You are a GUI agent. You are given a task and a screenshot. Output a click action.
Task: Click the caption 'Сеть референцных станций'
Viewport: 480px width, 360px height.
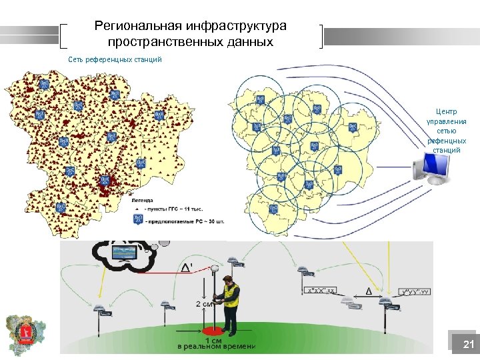tap(115, 59)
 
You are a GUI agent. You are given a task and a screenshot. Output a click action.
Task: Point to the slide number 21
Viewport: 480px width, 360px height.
tap(468, 345)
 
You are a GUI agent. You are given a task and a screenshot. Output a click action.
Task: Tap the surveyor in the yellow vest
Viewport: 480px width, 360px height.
tap(231, 303)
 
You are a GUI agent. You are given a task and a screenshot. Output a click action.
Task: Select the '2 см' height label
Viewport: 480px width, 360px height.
tap(205, 304)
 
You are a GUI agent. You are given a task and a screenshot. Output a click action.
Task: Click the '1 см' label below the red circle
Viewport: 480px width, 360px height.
tap(215, 340)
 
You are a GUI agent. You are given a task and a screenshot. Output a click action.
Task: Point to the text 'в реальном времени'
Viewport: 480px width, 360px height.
tap(216, 347)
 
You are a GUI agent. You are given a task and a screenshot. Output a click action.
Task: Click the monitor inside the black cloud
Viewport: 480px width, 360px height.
tap(125, 253)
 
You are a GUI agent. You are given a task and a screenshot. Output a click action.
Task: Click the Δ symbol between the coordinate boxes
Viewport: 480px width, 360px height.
tap(369, 290)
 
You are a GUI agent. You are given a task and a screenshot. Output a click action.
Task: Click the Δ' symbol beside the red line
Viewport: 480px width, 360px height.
tap(189, 267)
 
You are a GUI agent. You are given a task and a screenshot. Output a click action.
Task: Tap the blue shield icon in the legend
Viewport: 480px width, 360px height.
tap(138, 219)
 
